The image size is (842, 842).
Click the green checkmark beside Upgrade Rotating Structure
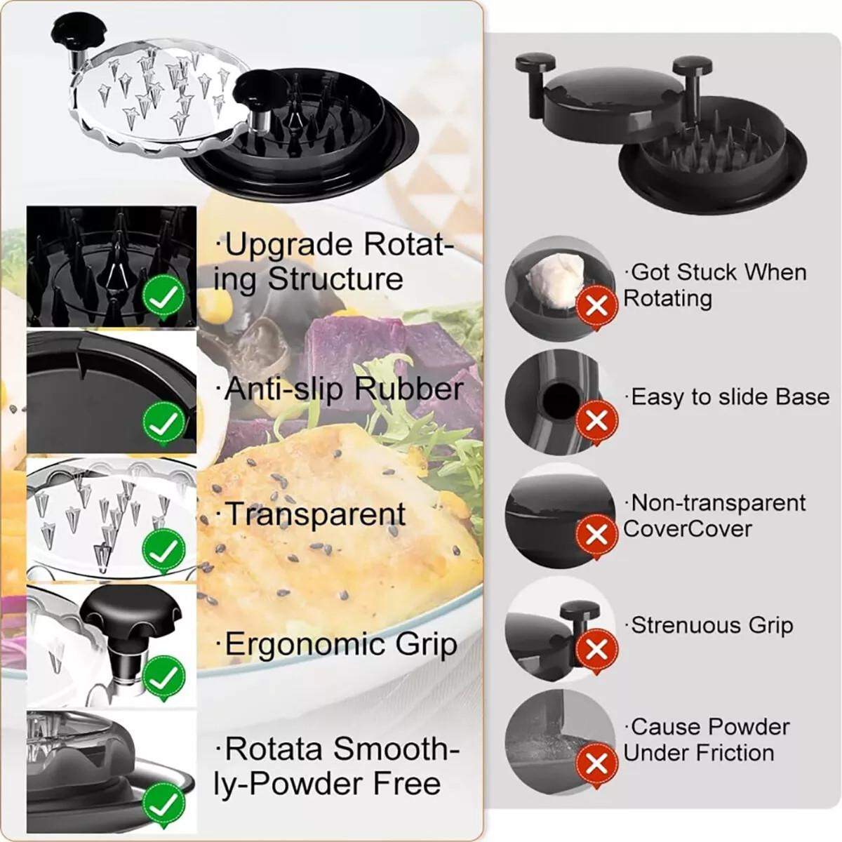click(x=163, y=298)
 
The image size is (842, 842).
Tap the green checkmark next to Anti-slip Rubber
click(x=163, y=423)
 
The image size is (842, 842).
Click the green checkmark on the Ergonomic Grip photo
click(x=163, y=678)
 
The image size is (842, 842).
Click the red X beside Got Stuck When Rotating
click(x=596, y=307)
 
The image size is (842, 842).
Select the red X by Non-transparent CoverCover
click(x=596, y=535)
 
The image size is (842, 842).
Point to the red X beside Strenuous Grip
click(x=596, y=650)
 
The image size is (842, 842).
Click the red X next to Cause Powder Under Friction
click(x=596, y=763)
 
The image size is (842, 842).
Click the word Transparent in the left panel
click(x=314, y=514)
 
